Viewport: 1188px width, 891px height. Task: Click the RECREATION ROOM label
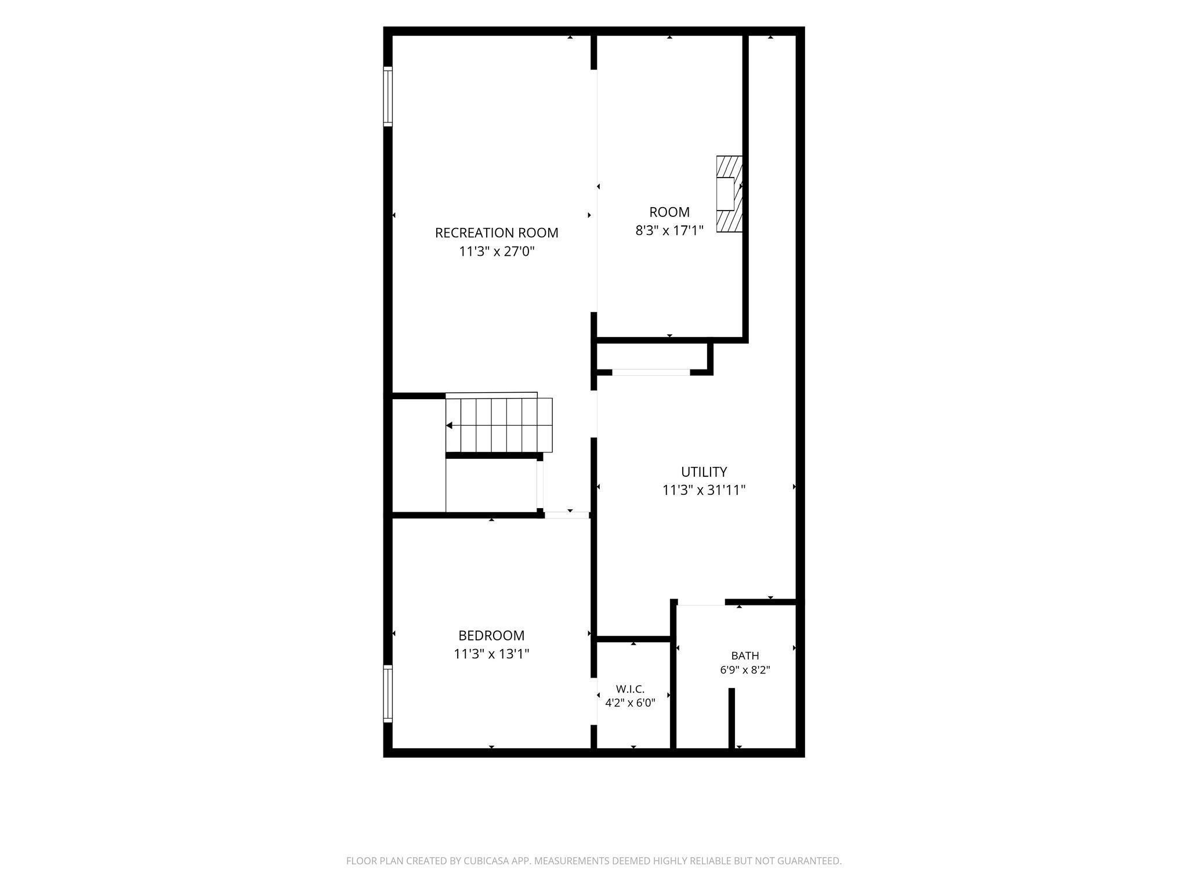click(497, 233)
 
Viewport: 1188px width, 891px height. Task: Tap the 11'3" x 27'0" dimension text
click(497, 251)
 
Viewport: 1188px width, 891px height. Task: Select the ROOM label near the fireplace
click(669, 212)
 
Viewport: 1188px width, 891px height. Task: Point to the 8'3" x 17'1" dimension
click(669, 230)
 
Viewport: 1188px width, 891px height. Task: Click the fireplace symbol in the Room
click(730, 194)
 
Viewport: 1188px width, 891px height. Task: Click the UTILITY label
click(704, 472)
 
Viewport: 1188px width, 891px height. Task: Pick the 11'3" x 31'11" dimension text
click(704, 490)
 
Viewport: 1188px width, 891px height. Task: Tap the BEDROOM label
click(491, 635)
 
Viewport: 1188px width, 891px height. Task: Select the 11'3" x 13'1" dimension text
click(491, 654)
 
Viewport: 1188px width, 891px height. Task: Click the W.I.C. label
click(630, 689)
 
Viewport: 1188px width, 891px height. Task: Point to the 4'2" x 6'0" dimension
click(630, 703)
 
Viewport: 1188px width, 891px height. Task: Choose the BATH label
click(745, 655)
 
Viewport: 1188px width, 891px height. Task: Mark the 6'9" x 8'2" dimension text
click(745, 670)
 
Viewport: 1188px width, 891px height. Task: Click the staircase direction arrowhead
click(449, 425)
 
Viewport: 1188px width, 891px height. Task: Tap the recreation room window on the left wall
click(387, 96)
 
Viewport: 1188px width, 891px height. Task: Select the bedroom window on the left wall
click(387, 694)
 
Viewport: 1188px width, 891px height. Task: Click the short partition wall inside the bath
click(731, 718)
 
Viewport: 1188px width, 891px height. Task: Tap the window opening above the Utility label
click(651, 372)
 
